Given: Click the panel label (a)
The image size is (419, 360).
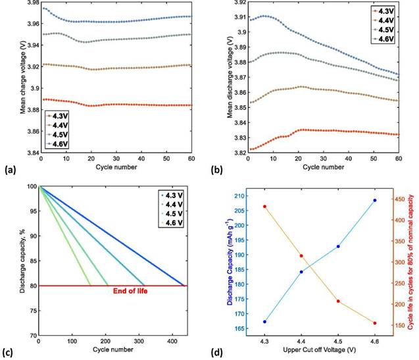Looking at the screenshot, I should point(10,170).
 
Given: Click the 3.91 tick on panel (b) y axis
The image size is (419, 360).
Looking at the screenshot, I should point(239,16).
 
